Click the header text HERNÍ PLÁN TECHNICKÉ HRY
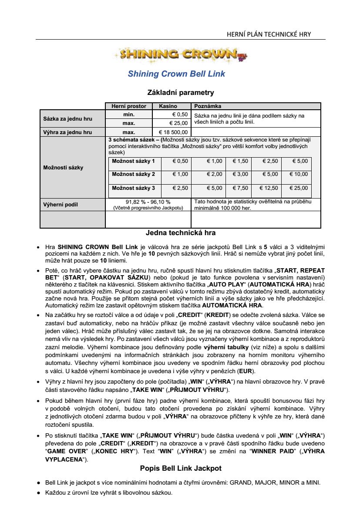click(x=269, y=34)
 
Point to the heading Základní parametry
click(x=181, y=92)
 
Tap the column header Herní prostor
click(x=129, y=106)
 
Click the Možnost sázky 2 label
click(x=133, y=174)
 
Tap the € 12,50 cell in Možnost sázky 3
click(x=269, y=188)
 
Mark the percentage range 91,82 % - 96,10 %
click(x=148, y=202)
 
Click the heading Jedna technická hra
click(x=181, y=233)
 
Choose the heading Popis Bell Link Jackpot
click(x=181, y=469)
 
